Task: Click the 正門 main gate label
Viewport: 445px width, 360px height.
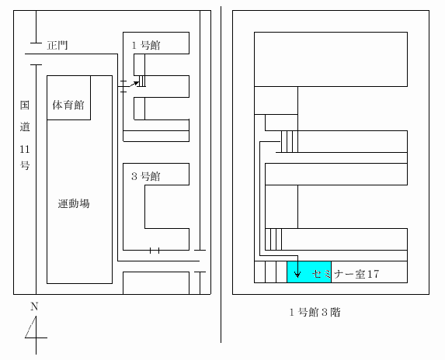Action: coord(57,45)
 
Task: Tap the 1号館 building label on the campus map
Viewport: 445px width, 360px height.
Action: coord(146,45)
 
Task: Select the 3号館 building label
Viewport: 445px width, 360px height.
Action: coord(146,176)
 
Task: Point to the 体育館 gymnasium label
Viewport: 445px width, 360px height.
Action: coord(68,105)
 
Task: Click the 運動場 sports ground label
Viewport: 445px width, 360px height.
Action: coord(74,203)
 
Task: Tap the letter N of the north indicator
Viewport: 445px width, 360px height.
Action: coord(34,306)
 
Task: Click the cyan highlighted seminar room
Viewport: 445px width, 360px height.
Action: coord(309,272)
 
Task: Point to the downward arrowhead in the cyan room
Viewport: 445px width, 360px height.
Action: coord(297,275)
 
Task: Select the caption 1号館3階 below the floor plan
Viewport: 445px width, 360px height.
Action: coord(315,313)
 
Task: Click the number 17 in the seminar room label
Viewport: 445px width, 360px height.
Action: coord(373,274)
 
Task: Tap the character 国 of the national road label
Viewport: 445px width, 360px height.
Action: coord(25,105)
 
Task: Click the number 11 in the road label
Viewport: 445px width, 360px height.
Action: coord(25,149)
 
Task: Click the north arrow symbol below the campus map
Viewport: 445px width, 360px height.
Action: coord(36,335)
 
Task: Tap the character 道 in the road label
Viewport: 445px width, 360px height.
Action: coord(25,126)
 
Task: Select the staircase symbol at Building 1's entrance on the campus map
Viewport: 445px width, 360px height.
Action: coord(142,81)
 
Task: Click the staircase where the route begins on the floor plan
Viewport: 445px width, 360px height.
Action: coord(290,141)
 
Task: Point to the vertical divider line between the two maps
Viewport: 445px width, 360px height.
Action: coord(221,175)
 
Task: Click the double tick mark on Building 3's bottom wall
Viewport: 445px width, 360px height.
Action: coord(155,251)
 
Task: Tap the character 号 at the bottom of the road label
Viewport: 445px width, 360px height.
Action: coord(25,165)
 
